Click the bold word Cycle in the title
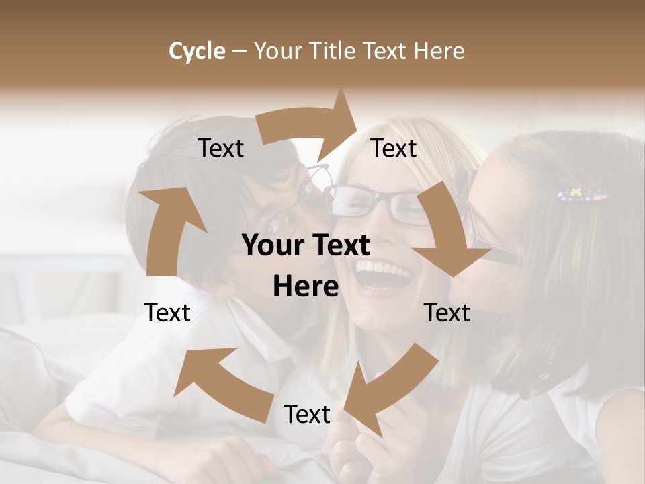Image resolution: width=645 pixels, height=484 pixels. point(197,51)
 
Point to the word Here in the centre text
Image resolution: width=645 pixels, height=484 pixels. point(306,287)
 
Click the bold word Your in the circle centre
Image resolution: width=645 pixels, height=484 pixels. point(268,246)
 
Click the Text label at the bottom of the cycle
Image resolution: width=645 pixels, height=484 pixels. point(307,415)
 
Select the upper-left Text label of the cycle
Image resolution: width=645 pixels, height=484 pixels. point(221,149)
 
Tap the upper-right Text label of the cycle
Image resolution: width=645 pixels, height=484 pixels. point(394,149)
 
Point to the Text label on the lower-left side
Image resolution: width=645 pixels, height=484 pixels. point(167,313)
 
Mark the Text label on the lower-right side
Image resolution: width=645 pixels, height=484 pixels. point(447,313)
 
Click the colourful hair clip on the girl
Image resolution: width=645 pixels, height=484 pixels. point(582,196)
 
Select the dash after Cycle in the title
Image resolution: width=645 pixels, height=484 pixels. point(239,51)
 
